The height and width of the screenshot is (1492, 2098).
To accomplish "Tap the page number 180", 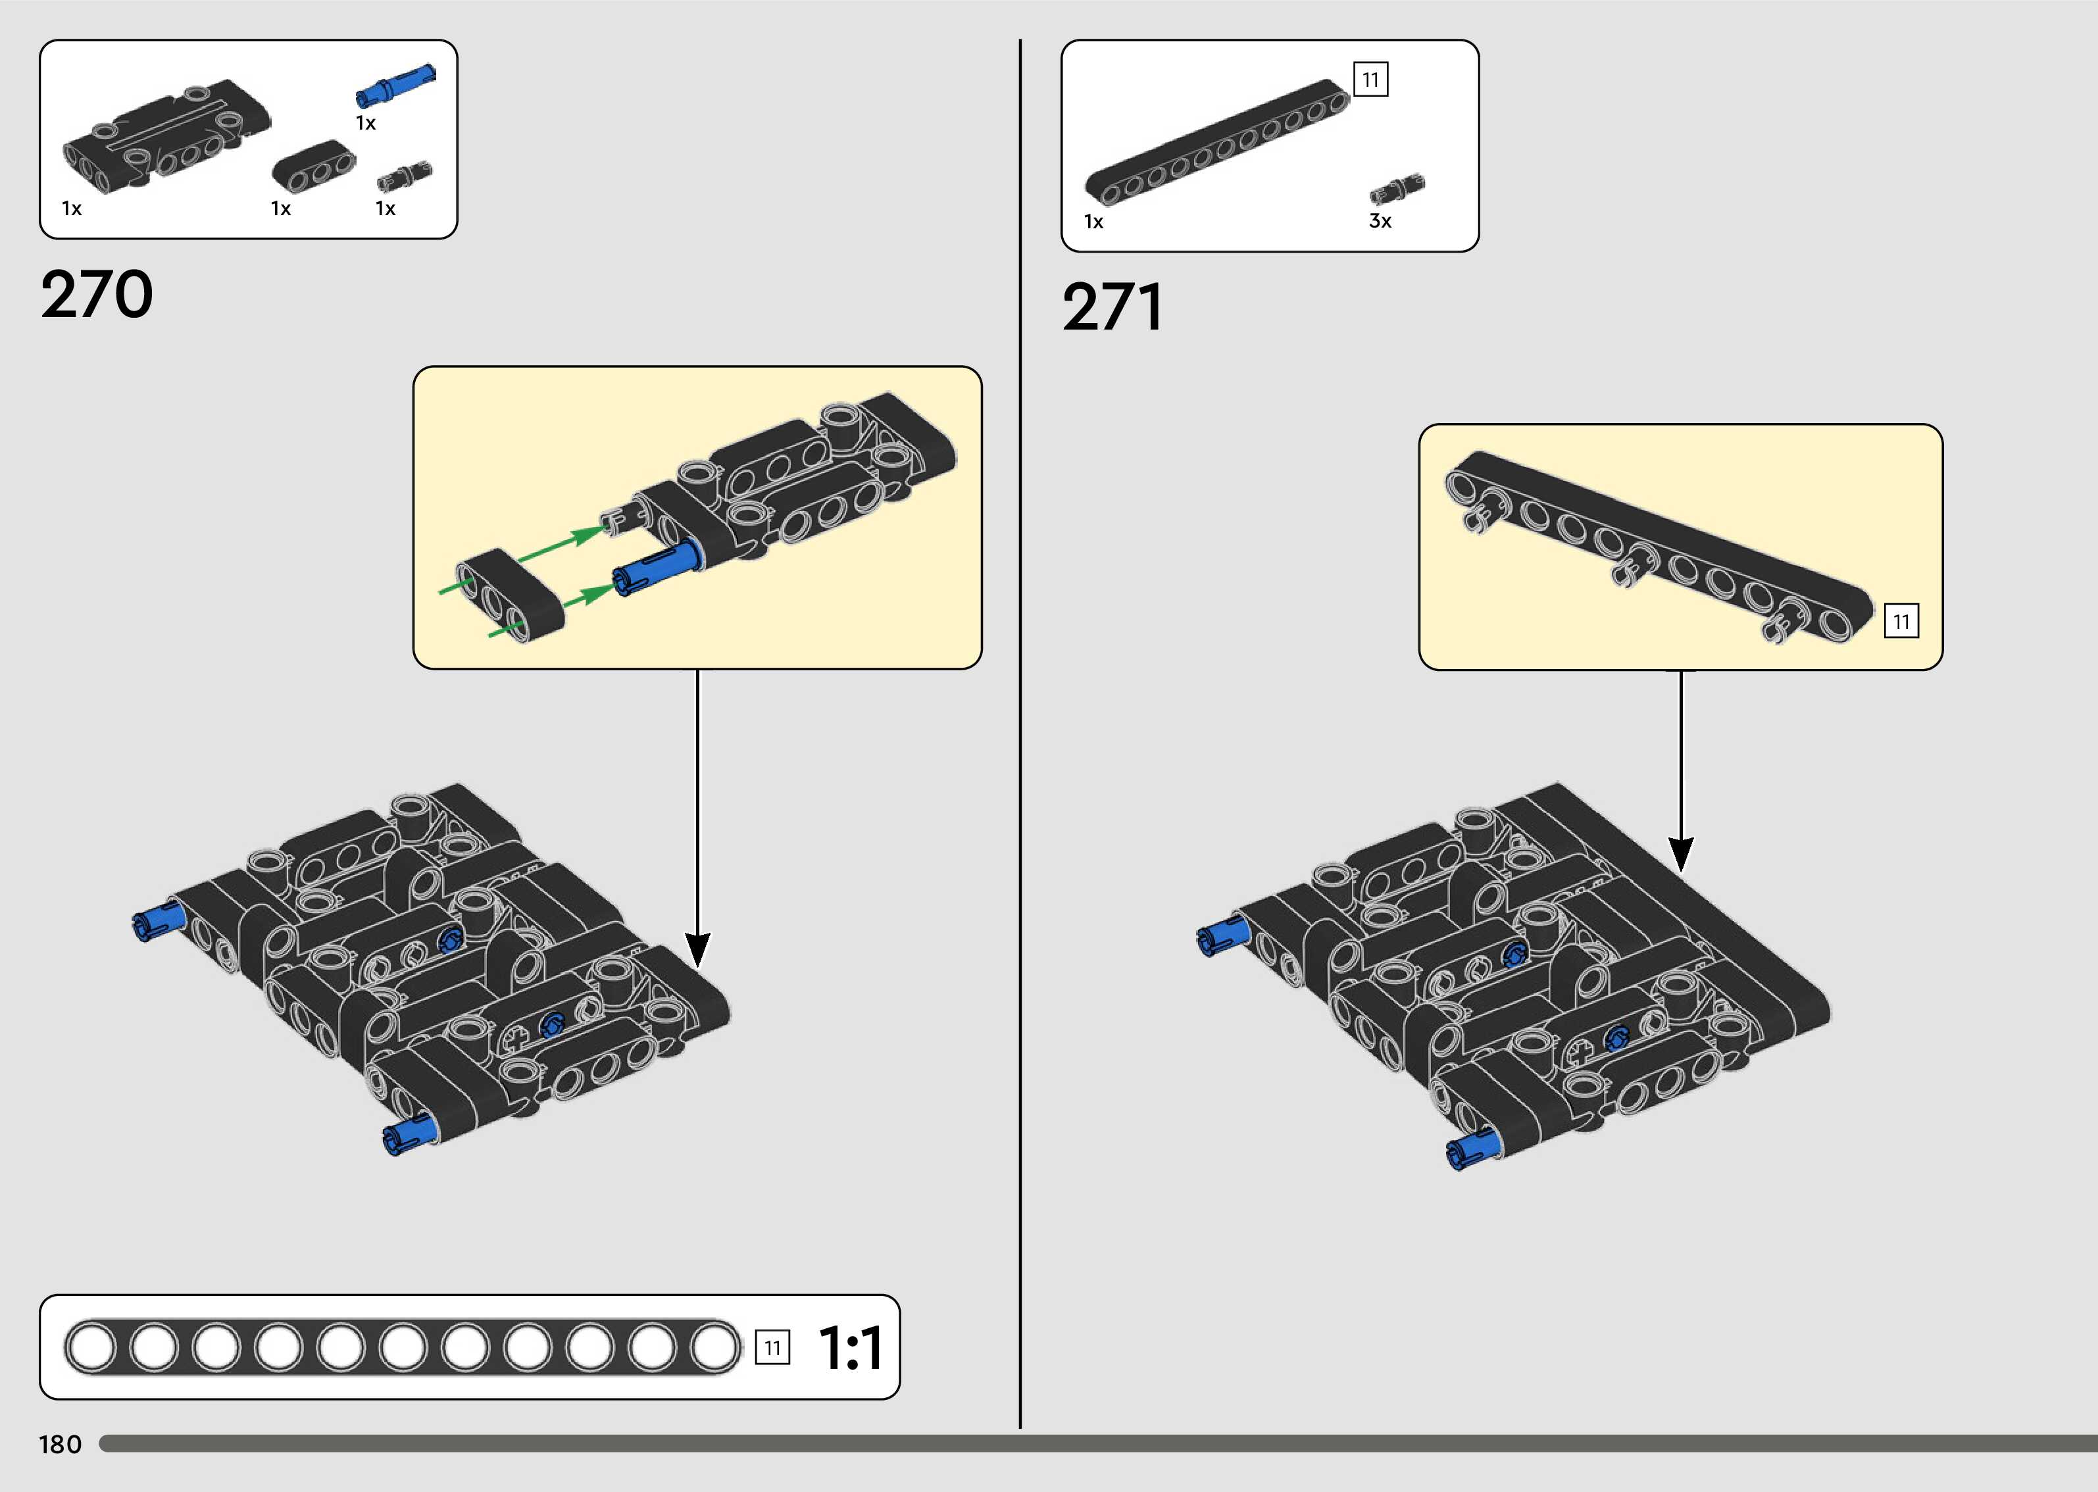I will [61, 1444].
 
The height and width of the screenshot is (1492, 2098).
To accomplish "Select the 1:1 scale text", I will [850, 1348].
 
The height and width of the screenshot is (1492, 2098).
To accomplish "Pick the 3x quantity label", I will [1380, 222].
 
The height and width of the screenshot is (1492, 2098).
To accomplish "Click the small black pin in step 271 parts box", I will [1395, 189].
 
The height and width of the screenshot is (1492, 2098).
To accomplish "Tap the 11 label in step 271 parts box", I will [1370, 80].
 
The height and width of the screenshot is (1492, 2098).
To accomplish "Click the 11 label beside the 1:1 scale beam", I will [772, 1348].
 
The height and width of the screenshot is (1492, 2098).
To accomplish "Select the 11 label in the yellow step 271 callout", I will [1901, 622].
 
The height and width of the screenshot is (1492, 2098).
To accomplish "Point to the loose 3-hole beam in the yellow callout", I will [511, 595].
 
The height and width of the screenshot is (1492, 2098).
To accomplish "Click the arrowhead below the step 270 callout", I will [697, 949].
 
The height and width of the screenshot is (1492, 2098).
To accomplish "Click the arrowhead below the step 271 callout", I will [1680, 853].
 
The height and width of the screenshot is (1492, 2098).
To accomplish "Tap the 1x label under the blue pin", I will [366, 123].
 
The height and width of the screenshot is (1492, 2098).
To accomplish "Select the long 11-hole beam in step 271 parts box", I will [1218, 142].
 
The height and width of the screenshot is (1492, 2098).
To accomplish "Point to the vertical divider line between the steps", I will [1020, 735].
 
